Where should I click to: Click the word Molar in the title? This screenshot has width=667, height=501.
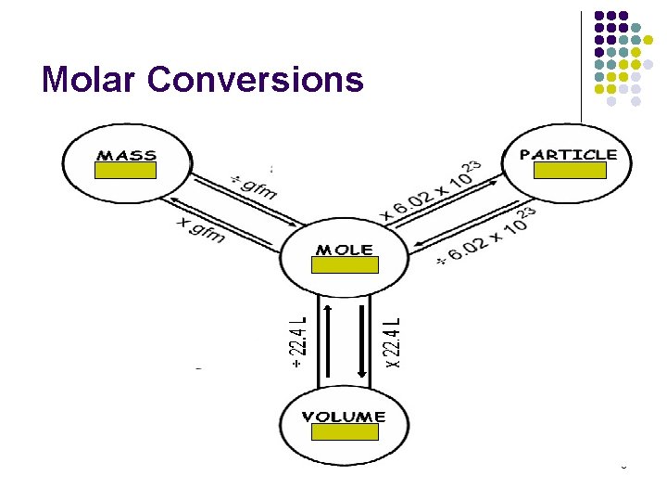[89, 80]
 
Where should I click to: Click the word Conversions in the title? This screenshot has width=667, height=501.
[256, 80]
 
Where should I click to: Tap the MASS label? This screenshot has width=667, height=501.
[126, 155]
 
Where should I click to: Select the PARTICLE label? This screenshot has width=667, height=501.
[569, 154]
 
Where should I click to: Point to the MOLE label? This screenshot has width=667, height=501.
[345, 250]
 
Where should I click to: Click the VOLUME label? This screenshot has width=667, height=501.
[344, 417]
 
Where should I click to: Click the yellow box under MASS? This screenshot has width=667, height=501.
[126, 171]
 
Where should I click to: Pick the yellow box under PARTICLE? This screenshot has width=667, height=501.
[571, 170]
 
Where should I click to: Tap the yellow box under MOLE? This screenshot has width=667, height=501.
[345, 265]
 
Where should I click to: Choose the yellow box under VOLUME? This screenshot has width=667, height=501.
[345, 432]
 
